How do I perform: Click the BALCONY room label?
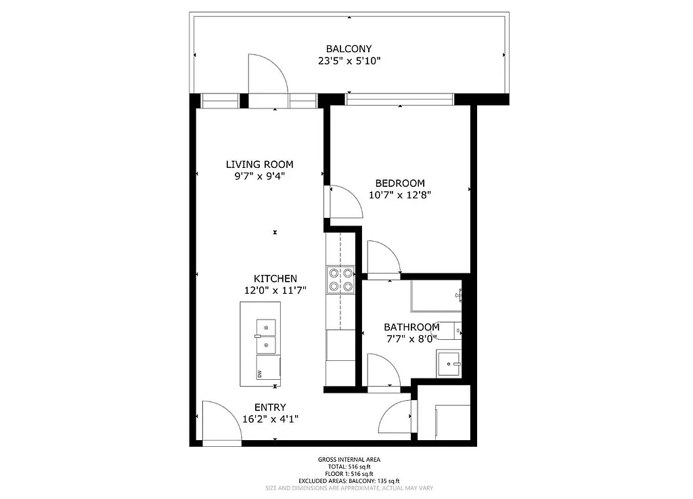349,49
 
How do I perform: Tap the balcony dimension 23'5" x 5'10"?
349,61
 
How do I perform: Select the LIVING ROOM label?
259,164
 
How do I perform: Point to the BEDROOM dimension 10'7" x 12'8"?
400,195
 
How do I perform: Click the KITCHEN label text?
275,278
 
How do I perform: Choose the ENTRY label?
270,407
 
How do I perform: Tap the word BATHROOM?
411,327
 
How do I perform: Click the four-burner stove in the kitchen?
340,280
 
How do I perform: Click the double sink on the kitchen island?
266,337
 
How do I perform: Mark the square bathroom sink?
448,364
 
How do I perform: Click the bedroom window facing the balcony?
399,100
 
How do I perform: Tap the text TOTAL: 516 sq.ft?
349,467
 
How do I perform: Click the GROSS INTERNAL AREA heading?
349,460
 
